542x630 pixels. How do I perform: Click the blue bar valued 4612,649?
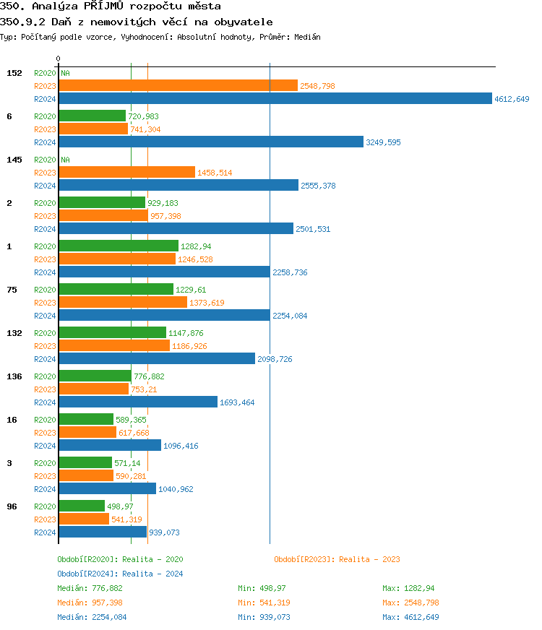tap(275, 99)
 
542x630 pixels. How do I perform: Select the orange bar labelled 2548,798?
tap(178, 86)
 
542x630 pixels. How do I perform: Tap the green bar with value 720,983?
tap(92, 116)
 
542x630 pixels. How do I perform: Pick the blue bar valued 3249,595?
tap(210, 142)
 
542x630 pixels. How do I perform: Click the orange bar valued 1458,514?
tap(126, 172)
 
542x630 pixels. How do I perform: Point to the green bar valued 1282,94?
tap(118, 246)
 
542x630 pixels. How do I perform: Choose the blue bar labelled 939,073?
tap(102, 532)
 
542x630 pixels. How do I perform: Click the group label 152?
tap(14, 73)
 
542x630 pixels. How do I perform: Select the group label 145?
tap(14, 160)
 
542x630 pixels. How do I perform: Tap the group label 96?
tap(12, 506)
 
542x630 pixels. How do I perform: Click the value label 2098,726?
tap(275, 359)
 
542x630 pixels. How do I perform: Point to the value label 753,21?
tap(144, 389)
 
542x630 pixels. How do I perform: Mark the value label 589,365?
tap(132, 420)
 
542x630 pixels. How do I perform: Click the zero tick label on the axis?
tap(59, 59)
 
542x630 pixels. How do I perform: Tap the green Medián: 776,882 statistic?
tap(95, 588)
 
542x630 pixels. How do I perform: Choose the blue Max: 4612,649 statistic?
tap(410, 617)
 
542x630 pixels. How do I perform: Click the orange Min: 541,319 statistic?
tap(266, 603)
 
